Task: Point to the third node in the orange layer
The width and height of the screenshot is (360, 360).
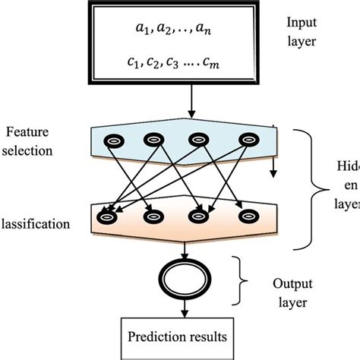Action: (198, 216)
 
